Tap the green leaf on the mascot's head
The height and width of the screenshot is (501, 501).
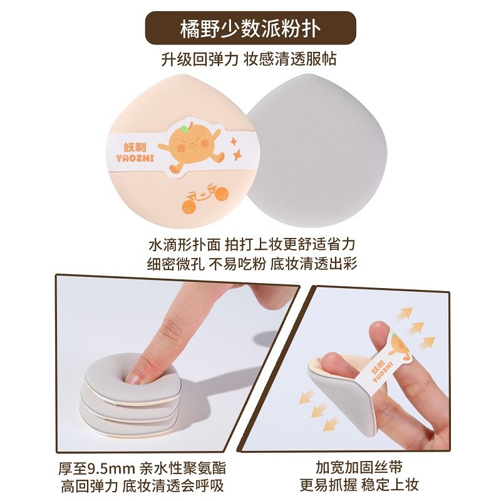(x=183, y=128)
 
